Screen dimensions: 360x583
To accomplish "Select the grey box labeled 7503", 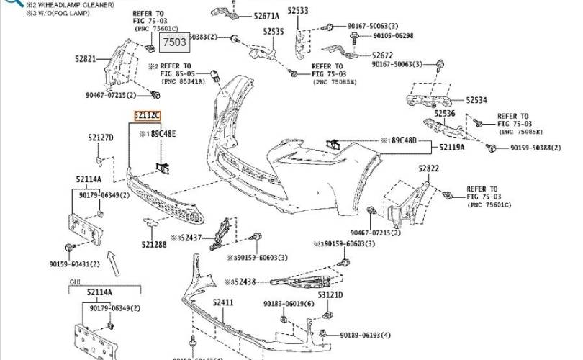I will point(173,42).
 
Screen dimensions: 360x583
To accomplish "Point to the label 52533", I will point(297,10).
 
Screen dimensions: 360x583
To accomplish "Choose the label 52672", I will point(382,55).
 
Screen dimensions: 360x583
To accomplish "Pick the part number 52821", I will point(85,58).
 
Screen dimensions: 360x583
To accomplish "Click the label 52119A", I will point(453,147).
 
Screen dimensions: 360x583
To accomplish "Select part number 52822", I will point(429,168).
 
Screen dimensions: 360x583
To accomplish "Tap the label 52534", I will point(476,100).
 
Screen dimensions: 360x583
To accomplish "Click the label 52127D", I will point(101,137).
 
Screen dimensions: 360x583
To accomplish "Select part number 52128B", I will point(154,245).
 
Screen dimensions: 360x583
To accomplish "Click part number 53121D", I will point(331,294).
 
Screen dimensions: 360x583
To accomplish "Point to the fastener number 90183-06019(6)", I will point(289,304).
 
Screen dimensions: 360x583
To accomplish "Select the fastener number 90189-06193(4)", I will point(366,335).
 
